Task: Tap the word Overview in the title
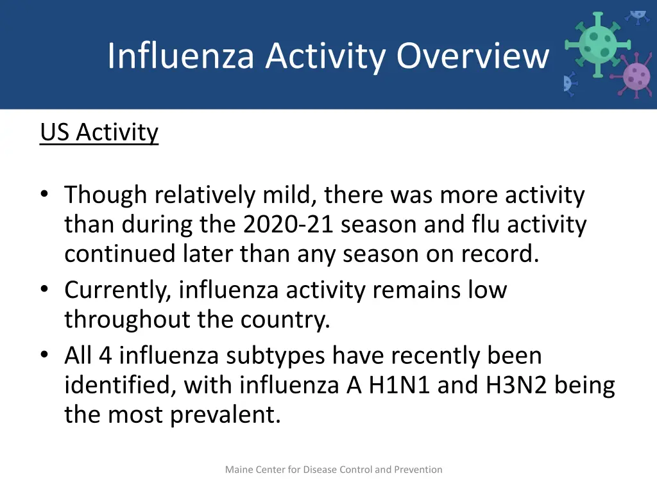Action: pyautogui.click(x=473, y=56)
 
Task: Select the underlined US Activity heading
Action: pyautogui.click(x=99, y=133)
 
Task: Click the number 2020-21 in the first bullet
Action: pyautogui.click(x=289, y=225)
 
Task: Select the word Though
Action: pyautogui.click(x=107, y=195)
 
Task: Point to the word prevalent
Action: pyautogui.click(x=226, y=415)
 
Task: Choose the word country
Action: pyautogui.click(x=285, y=320)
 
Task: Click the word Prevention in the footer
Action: pyautogui.click(x=418, y=470)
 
